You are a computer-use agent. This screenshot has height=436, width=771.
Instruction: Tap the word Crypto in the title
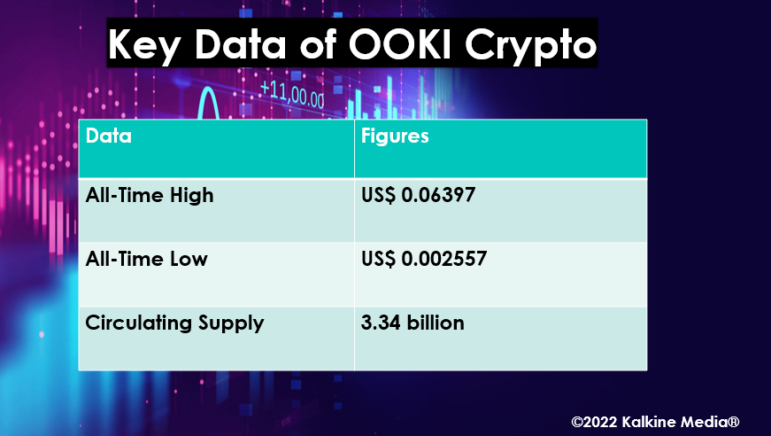(x=530, y=47)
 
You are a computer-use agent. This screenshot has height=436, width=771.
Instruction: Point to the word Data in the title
(x=241, y=44)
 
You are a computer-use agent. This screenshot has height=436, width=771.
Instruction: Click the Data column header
(x=109, y=136)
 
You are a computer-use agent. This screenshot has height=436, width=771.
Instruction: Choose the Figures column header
(x=395, y=136)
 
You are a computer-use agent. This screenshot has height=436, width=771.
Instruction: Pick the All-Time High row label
(x=150, y=196)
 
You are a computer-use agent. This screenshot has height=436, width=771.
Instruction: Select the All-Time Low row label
(x=147, y=259)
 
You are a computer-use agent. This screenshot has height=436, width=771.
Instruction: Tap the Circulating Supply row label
(x=174, y=323)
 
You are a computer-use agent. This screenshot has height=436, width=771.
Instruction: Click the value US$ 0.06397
(x=418, y=195)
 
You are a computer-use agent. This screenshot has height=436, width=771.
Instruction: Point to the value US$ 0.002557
(x=424, y=259)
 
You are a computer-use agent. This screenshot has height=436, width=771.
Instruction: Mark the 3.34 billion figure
(x=412, y=323)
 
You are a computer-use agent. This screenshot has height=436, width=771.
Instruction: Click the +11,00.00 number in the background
(x=292, y=94)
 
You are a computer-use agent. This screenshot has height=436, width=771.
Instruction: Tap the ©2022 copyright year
(x=594, y=422)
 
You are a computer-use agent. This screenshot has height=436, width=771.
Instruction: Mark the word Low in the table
(x=189, y=260)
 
